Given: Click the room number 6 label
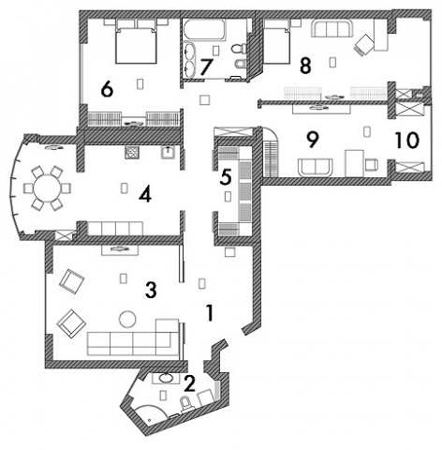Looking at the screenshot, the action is tap(107, 90).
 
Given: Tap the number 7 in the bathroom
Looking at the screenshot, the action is tap(206, 67).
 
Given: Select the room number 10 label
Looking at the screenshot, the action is tap(407, 140).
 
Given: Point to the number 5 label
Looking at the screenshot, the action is tap(226, 177).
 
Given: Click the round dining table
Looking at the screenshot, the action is tap(47, 188).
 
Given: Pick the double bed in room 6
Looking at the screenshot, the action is tap(136, 41).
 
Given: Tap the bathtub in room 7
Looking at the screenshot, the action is tap(204, 30).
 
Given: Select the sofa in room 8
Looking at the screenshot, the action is tap(331, 29).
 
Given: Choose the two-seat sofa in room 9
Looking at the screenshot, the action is tap(316, 168).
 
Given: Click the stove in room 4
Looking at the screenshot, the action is tap(132, 153).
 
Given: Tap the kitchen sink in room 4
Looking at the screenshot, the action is tap(169, 152).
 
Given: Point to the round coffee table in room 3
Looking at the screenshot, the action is tap(127, 320).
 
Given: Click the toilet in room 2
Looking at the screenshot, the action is tap(186, 402).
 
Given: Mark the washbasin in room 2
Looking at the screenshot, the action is tap(166, 378).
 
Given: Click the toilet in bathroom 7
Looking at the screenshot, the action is tap(239, 49).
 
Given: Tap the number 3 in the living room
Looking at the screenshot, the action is tap(151, 291).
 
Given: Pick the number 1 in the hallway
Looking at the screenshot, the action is tap(210, 313).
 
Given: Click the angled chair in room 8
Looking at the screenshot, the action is tap(363, 45).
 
